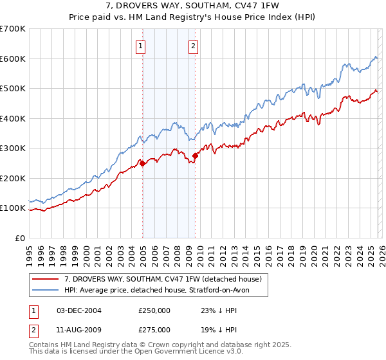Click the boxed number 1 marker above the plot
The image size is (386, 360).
click(140, 46)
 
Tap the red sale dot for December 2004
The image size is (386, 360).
click(142, 163)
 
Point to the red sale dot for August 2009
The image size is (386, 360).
click(195, 156)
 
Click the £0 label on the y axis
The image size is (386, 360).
click(19, 238)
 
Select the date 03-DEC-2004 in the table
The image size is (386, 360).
click(78, 310)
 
